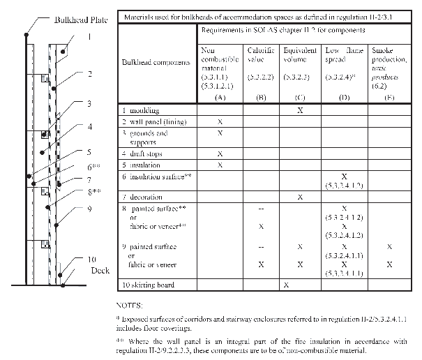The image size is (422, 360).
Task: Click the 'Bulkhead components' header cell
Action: coord(156,63)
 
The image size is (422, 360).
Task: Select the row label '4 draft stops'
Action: coord(143,153)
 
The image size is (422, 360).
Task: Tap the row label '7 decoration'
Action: coord(144,197)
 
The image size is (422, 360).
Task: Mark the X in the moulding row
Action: coord(300,110)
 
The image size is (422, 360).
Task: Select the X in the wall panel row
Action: coord(220,121)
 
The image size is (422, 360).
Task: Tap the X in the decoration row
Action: coord(300,197)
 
